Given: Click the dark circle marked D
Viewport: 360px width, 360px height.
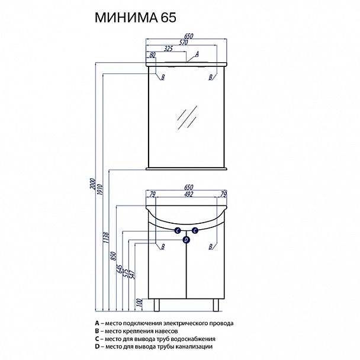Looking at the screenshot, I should pyautogui.click(x=187, y=239).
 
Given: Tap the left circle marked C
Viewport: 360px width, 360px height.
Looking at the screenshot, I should pyautogui.click(x=178, y=231).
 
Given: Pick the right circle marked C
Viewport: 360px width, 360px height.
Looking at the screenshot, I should pyautogui.click(x=195, y=231).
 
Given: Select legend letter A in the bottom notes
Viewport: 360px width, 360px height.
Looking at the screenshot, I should pyautogui.click(x=96, y=323).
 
